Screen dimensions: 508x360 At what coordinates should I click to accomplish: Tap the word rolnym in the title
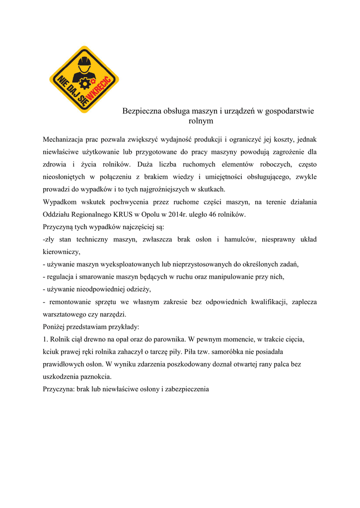click(201, 121)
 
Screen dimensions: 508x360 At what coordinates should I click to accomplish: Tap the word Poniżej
click(55, 327)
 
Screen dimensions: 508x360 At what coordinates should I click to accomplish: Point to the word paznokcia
click(95, 377)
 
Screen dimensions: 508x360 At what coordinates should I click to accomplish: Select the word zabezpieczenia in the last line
click(186, 389)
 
